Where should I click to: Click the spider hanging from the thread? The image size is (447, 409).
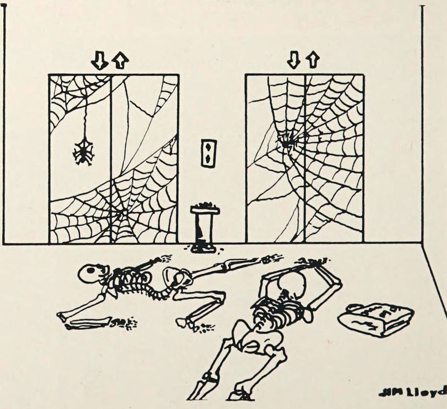coord(83,151)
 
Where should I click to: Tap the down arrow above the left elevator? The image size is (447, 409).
coord(99,61)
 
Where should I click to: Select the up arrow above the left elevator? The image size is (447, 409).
coord(120,61)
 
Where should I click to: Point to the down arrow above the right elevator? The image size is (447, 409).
coord(293,60)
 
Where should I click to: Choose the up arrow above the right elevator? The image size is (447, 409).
coord(312,60)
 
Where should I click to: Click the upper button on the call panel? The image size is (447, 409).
coord(208,147)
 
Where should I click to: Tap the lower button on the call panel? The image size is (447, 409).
coord(208,158)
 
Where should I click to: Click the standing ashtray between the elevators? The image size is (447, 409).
coord(205,227)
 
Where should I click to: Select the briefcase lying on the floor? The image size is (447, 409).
coord(375,319)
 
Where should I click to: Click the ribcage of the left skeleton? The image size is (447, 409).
coord(131,280)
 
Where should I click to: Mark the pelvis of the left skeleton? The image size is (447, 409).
coord(177,278)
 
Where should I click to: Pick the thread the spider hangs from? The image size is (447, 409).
coord(85,117)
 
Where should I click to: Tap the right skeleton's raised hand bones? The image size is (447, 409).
coord(313,261)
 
